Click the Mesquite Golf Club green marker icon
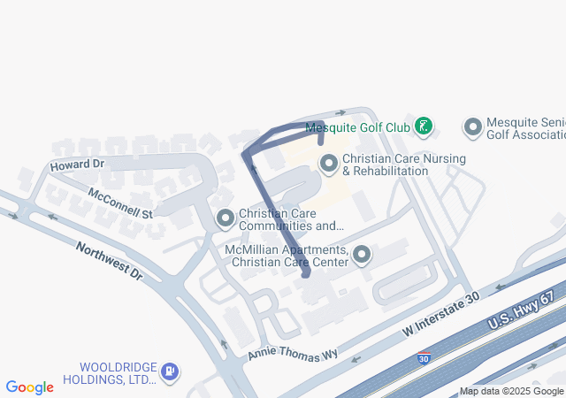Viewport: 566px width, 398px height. pos(424,127)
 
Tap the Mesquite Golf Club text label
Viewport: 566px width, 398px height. pos(357,128)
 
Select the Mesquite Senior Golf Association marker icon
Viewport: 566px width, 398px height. pos(473,128)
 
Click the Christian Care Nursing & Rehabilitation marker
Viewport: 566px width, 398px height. pos(329,164)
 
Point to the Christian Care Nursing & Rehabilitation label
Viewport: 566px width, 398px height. pos(403,165)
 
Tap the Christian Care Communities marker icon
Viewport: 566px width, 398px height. pos(226,218)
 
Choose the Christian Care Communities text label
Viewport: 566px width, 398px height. pos(291,219)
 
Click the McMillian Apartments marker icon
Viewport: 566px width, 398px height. pos(362,256)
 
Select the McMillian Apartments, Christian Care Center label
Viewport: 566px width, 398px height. pos(287,256)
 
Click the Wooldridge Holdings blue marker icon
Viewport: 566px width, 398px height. pos(170,373)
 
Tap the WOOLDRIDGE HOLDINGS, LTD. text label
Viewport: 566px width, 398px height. pos(118,373)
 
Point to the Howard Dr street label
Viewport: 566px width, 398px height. pos(77,165)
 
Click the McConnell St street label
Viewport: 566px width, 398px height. pos(120,203)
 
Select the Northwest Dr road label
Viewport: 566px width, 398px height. pos(109,261)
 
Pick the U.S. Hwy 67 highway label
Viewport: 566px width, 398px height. pos(525,311)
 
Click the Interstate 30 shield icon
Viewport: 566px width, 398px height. pos(425,358)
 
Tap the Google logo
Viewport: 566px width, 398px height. pos(30,387)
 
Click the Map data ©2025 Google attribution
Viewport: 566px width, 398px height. pos(510,391)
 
